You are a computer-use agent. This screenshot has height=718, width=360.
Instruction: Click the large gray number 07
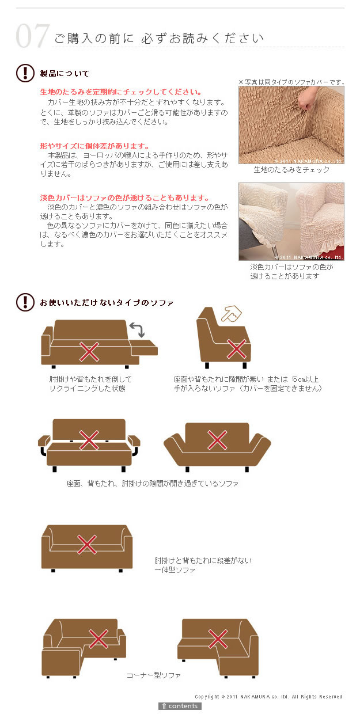[x=33, y=36]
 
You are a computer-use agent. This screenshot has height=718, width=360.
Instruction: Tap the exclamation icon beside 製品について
[x=25, y=73]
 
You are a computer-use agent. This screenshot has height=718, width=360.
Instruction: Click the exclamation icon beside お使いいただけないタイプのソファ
[x=25, y=302]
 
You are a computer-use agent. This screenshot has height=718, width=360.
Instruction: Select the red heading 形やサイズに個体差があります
[x=94, y=146]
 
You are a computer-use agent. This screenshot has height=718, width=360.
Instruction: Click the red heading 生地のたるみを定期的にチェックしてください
[x=121, y=92]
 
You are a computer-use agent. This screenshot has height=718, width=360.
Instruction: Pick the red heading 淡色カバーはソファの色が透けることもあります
[x=124, y=197]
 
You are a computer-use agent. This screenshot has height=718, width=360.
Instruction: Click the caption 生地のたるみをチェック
[x=291, y=169]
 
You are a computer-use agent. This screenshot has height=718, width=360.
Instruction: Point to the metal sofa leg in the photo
[x=274, y=250]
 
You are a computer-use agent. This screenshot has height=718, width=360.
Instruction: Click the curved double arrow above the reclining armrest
[x=138, y=329]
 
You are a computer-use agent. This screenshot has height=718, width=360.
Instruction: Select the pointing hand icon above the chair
[x=232, y=313]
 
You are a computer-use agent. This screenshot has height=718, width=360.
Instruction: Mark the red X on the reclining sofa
[x=89, y=352]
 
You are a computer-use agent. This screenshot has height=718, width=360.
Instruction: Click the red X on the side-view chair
[x=237, y=349]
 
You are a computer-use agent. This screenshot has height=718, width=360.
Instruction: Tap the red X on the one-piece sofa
[x=87, y=544]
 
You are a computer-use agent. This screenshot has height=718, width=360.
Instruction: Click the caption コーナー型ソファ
[x=154, y=675]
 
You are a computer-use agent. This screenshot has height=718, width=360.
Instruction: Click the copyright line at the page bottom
[x=268, y=697]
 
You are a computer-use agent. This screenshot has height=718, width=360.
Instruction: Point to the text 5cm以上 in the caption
[x=305, y=379]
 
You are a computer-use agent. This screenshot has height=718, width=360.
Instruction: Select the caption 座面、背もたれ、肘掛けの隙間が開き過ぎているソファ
[x=152, y=483]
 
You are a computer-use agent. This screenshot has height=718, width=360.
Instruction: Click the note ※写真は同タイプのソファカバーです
[x=291, y=82]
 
